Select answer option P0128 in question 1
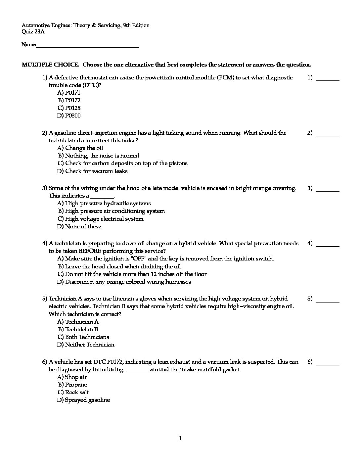(x=69, y=108)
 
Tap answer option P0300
(x=69, y=116)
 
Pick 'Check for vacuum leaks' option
(x=93, y=171)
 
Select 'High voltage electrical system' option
(x=101, y=219)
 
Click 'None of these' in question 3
(x=79, y=226)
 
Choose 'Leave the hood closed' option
(x=119, y=266)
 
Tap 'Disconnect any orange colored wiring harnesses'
(x=124, y=282)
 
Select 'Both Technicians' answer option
(x=83, y=337)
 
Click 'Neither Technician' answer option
(x=86, y=345)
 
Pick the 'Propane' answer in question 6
(x=73, y=385)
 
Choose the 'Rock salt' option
(x=73, y=392)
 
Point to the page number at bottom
(x=180, y=439)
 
